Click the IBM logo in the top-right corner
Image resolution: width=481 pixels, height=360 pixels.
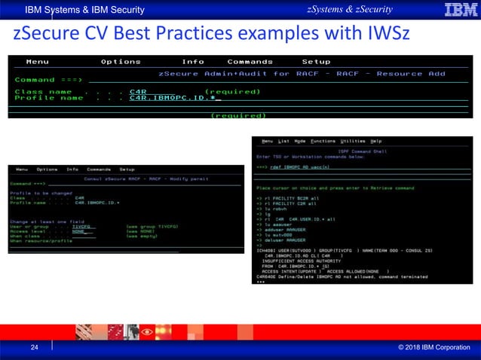click(460, 10)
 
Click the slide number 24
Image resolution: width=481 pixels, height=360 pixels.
click(34, 347)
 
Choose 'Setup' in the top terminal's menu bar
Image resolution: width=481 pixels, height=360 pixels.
click(316, 62)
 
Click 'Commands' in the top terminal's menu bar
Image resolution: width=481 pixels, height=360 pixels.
click(250, 62)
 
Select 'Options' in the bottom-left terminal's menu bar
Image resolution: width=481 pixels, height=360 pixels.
click(47, 169)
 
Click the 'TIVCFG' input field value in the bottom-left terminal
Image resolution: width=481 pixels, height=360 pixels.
click(81, 226)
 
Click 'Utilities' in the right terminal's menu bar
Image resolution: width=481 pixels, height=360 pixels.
click(351, 141)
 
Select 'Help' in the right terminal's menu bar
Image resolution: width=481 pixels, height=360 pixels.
click(376, 141)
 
